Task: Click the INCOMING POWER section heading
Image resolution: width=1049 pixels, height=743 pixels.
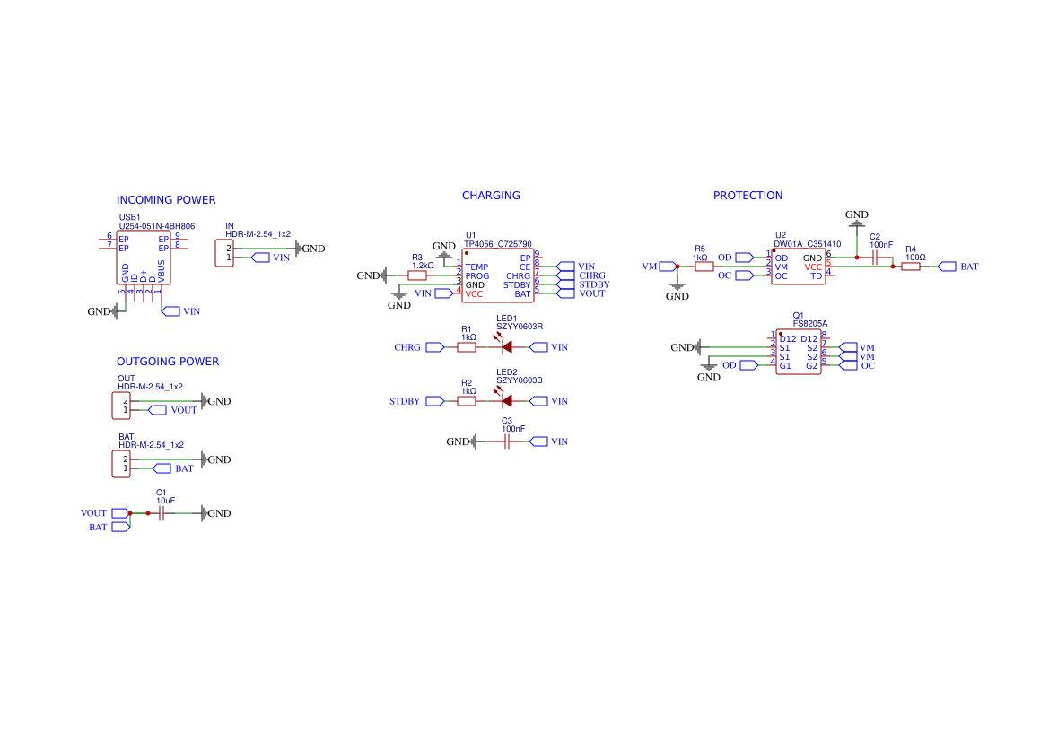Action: click(166, 200)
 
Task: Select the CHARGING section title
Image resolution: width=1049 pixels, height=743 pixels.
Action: click(491, 196)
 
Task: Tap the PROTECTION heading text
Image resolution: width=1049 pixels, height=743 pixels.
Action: click(747, 196)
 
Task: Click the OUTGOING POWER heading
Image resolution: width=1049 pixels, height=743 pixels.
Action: click(168, 362)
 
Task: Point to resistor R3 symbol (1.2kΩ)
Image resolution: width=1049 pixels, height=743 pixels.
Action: click(417, 275)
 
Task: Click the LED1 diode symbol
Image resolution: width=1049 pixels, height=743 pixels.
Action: click(506, 347)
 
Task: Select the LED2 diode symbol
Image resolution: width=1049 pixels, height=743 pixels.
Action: click(506, 401)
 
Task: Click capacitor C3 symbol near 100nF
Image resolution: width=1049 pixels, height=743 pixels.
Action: click(507, 441)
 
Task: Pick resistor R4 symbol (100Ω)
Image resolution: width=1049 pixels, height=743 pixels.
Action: click(911, 267)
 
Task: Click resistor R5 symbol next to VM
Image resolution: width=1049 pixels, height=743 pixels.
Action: click(704, 267)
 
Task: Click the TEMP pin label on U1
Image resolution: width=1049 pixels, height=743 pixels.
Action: click(476, 267)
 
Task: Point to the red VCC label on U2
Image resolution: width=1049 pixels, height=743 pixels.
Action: click(813, 267)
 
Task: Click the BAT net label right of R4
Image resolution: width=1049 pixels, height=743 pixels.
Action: click(969, 267)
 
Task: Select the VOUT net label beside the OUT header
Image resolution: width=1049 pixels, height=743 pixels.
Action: click(183, 410)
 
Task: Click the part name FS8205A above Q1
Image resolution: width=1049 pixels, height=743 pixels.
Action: click(809, 323)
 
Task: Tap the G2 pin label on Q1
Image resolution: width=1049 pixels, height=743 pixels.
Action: click(811, 365)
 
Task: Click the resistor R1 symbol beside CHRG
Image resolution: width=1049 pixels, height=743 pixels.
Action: click(467, 347)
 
